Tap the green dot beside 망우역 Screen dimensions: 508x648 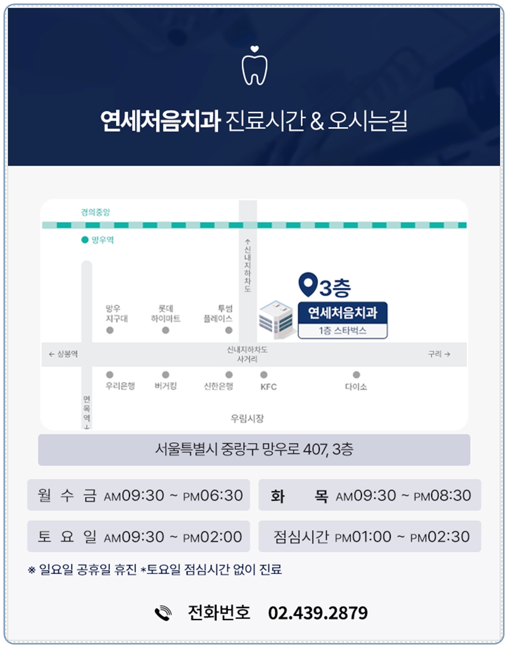[85, 240]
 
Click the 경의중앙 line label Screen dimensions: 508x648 [95, 212]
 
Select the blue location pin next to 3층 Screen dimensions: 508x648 [307, 284]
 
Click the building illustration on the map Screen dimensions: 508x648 [276, 320]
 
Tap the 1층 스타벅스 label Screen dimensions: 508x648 [342, 331]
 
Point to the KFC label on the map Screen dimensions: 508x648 [268, 387]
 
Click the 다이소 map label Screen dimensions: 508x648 [356, 387]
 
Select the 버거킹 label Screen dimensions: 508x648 [165, 386]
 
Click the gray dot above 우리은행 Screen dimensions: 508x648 [110, 375]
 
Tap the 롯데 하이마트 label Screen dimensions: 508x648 [165, 313]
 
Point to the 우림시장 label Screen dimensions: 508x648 [247, 418]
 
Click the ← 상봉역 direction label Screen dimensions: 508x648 [63, 354]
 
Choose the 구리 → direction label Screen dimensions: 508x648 [439, 354]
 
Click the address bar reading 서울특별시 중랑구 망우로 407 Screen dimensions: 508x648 [254, 450]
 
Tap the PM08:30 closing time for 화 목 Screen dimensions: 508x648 [442, 496]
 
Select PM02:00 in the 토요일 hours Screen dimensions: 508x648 [212, 537]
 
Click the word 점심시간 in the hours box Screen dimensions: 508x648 [301, 537]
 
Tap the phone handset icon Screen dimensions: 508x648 [163, 614]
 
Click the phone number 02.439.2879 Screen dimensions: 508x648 [318, 614]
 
